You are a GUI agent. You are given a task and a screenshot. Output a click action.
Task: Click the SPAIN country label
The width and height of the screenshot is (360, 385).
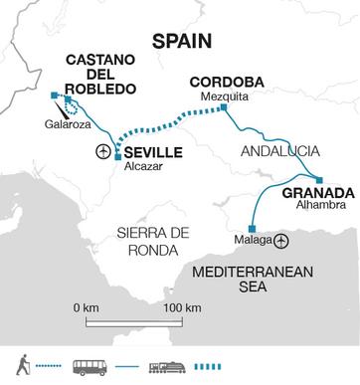tap(180, 40)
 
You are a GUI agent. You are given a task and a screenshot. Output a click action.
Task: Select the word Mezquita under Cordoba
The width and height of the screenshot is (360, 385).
tap(220, 97)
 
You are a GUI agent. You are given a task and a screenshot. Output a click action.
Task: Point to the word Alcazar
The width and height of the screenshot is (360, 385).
tap(141, 167)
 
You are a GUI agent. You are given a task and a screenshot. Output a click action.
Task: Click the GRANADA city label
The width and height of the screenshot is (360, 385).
tap(317, 191)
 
